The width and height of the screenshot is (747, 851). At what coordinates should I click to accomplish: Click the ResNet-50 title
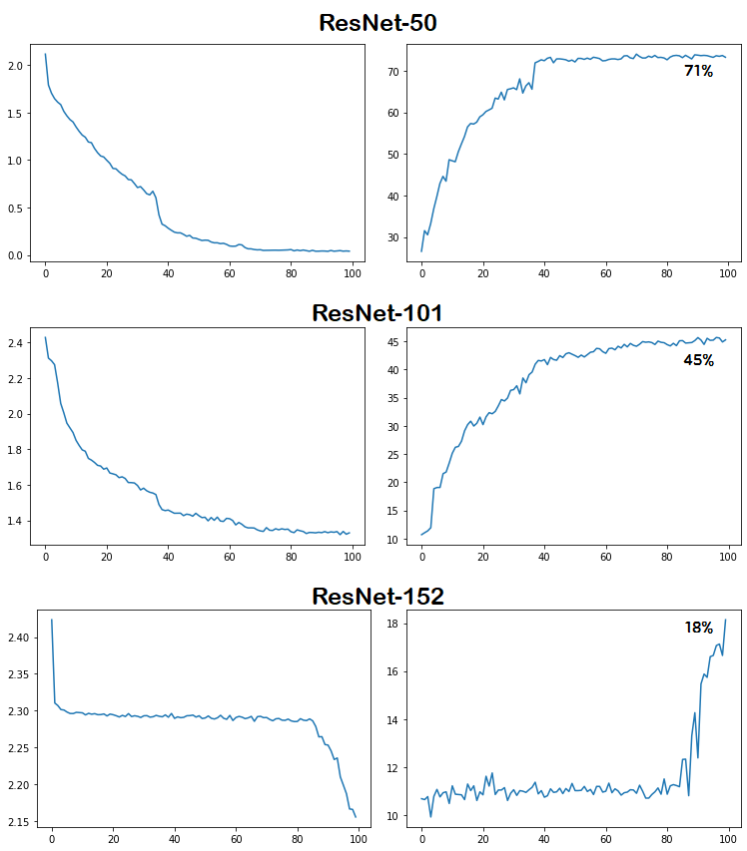point(377,23)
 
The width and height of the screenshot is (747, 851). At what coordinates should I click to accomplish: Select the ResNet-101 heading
point(377,313)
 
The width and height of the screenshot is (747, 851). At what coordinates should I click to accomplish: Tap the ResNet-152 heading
point(377,597)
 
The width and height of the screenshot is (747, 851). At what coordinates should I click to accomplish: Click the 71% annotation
point(698,71)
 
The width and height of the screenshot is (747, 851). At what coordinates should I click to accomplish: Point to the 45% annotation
point(698,360)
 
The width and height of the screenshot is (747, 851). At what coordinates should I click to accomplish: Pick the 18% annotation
point(698,628)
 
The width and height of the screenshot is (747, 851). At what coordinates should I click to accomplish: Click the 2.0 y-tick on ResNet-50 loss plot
point(16,66)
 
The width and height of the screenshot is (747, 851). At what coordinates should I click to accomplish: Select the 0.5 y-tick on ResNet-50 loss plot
point(16,208)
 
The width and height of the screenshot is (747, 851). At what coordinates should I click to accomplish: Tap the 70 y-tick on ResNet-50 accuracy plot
point(394,72)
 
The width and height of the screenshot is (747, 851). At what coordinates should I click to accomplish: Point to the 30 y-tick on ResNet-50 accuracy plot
point(394,237)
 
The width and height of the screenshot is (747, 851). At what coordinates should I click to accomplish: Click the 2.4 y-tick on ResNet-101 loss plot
point(16,343)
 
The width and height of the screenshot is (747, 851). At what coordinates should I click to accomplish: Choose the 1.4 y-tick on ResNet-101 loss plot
point(16,521)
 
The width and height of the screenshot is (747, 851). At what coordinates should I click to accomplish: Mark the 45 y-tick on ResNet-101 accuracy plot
point(394,342)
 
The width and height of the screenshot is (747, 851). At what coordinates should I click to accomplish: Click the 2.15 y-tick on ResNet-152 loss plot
point(19,822)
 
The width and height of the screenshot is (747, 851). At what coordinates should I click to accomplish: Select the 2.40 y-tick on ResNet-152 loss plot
point(19,638)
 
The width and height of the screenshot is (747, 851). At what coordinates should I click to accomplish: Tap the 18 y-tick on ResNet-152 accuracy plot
point(394,625)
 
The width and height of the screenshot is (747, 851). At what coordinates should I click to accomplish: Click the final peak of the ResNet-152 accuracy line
point(726,620)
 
